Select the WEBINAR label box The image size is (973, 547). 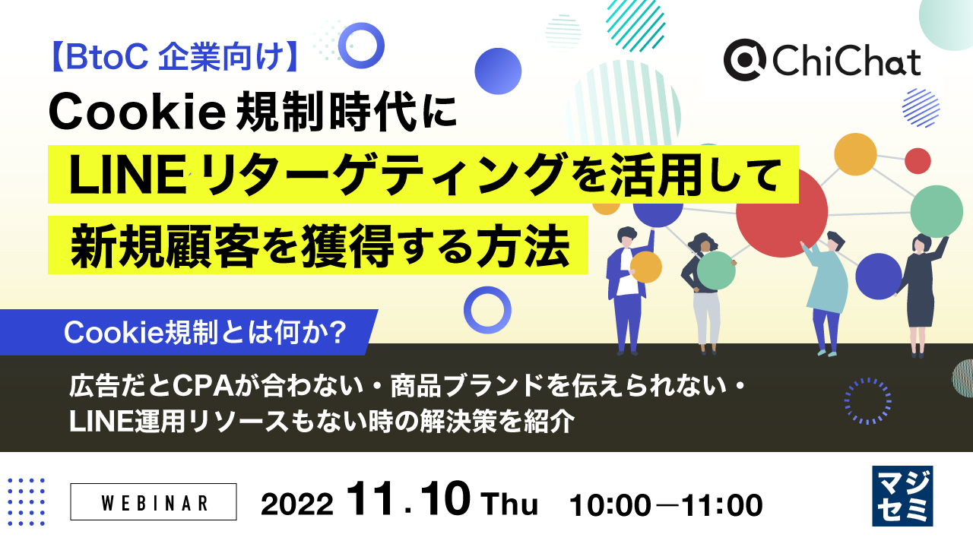coord(154,502)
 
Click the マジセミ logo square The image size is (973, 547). coord(902,496)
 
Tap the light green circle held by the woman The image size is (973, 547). coord(715,270)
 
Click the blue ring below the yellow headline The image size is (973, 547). coord(486,310)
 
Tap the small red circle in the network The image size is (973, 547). coord(918,160)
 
